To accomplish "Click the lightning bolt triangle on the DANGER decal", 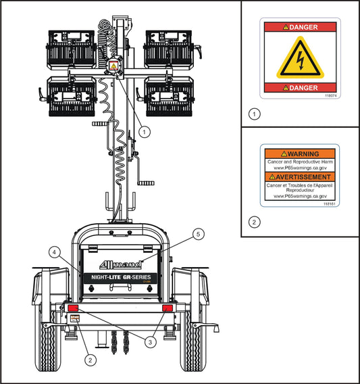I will coord(301,57).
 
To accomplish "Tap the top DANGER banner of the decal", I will coord(301,27).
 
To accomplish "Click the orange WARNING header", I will coord(299,154).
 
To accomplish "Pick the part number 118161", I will coord(329,203).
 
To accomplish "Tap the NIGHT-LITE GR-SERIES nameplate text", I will coord(120,279).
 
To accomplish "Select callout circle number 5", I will coord(197,234).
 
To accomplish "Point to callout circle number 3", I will coord(150,341).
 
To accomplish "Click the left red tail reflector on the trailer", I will coord(73,308).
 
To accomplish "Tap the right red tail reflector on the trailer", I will coord(168,308).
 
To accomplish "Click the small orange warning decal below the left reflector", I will coord(75,319).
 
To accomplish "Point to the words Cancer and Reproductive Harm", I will coord(299,162).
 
